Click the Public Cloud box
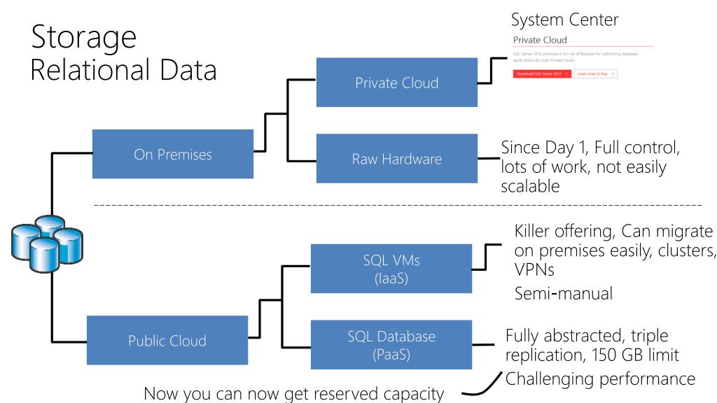point(167,341)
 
